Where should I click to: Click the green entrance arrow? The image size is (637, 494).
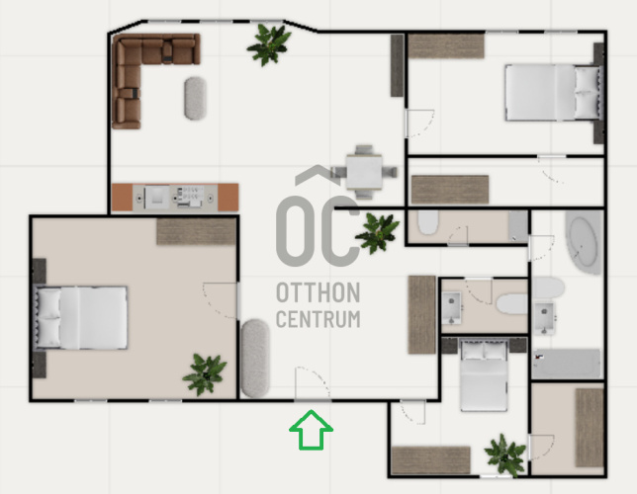pyautogui.click(x=312, y=430)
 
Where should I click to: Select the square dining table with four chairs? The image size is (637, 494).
pyautogui.click(x=364, y=172)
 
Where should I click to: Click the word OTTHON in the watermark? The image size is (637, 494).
pyautogui.click(x=318, y=292)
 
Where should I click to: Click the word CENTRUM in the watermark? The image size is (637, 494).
pyautogui.click(x=318, y=319)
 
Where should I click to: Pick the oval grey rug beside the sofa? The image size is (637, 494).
pyautogui.click(x=196, y=98)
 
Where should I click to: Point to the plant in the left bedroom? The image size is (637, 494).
pyautogui.click(x=205, y=374)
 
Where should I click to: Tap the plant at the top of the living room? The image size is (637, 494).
pyautogui.click(x=269, y=43)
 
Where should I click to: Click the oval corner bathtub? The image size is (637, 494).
pyautogui.click(x=584, y=242)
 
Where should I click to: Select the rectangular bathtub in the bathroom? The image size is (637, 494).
pyautogui.click(x=567, y=365)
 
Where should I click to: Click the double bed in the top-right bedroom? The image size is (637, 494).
pyautogui.click(x=553, y=93)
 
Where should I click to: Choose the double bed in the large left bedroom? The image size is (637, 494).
pyautogui.click(x=81, y=318)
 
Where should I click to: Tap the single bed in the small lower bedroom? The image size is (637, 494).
pyautogui.click(x=484, y=375)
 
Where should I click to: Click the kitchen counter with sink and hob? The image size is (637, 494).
pyautogui.click(x=175, y=198)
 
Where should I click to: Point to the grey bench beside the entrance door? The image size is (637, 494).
pyautogui.click(x=255, y=359)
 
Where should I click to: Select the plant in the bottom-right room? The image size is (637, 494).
pyautogui.click(x=505, y=455)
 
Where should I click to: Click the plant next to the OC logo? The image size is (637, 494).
pyautogui.click(x=378, y=233)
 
